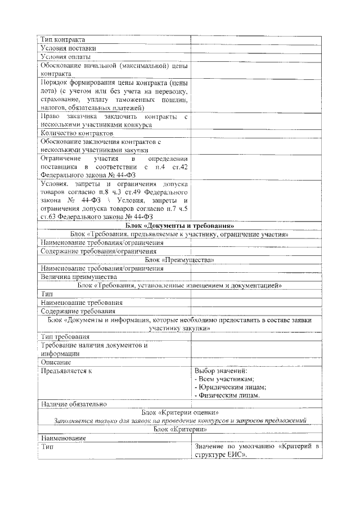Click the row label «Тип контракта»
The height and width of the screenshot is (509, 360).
pos(63,40)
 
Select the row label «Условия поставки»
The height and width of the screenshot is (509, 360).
pos(68,48)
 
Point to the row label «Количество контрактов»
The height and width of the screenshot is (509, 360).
pos(77,133)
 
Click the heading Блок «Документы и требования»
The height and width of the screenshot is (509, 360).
pos(179,226)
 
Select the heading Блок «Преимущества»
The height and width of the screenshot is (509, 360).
pos(179,260)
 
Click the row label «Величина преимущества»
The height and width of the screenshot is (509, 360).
pos(78,277)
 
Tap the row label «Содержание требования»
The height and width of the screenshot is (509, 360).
pos(78,310)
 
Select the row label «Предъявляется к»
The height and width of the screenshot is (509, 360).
pos(66,371)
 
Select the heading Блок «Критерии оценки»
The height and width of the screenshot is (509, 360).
pos(179,412)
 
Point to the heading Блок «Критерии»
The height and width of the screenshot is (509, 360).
pos(179,429)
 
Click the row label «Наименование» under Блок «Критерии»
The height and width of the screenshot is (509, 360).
pos(63,438)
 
